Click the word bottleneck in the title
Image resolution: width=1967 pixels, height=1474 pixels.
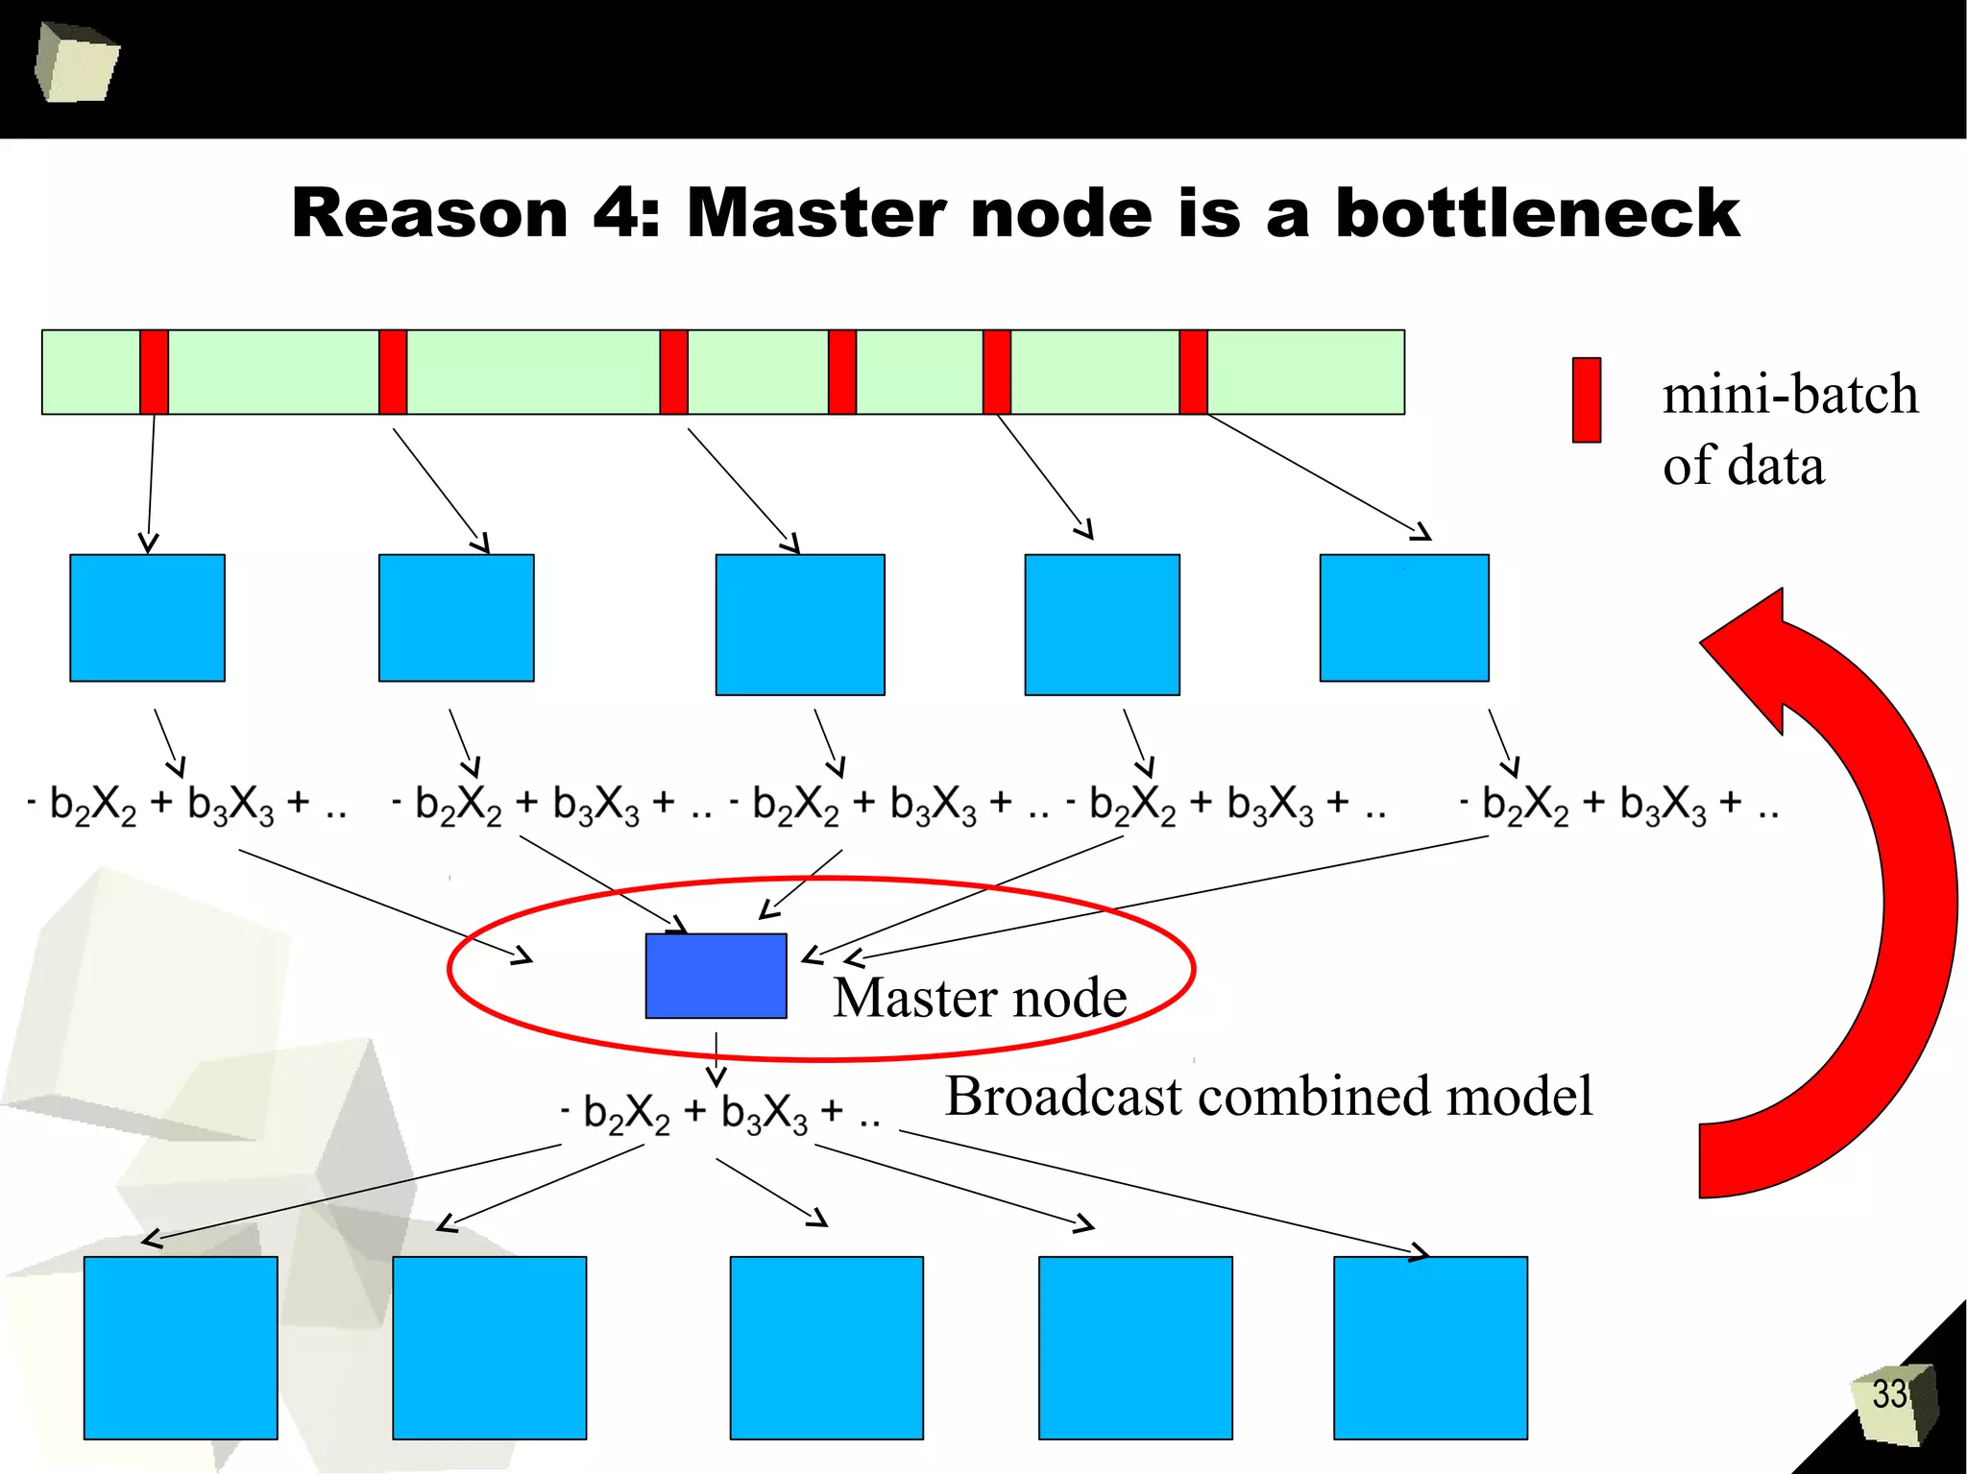[x=1537, y=212]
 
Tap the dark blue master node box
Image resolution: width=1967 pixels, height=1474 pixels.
[x=716, y=976]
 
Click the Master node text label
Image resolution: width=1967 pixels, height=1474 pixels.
[x=980, y=998]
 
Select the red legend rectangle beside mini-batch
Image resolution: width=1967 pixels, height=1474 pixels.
[x=1586, y=399]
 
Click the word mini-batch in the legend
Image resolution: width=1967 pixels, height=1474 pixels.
[x=1790, y=395]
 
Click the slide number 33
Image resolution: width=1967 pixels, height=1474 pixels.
[x=1889, y=1394]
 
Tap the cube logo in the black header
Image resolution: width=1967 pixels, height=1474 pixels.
[x=76, y=63]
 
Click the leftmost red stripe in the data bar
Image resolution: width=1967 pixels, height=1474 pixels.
[x=154, y=372]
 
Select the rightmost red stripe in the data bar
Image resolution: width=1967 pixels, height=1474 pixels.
[x=1193, y=372]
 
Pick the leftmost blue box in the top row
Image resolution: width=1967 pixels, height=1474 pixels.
[x=147, y=617]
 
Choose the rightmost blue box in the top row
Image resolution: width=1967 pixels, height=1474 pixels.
[x=1404, y=617]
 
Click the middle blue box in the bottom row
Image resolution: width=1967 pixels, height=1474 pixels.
[x=826, y=1347]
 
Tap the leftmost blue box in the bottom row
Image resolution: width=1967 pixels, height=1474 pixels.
[x=181, y=1347]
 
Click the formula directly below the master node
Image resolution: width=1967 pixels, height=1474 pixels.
[x=720, y=1114]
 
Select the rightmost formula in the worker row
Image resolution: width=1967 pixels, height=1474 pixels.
[x=1618, y=805]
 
